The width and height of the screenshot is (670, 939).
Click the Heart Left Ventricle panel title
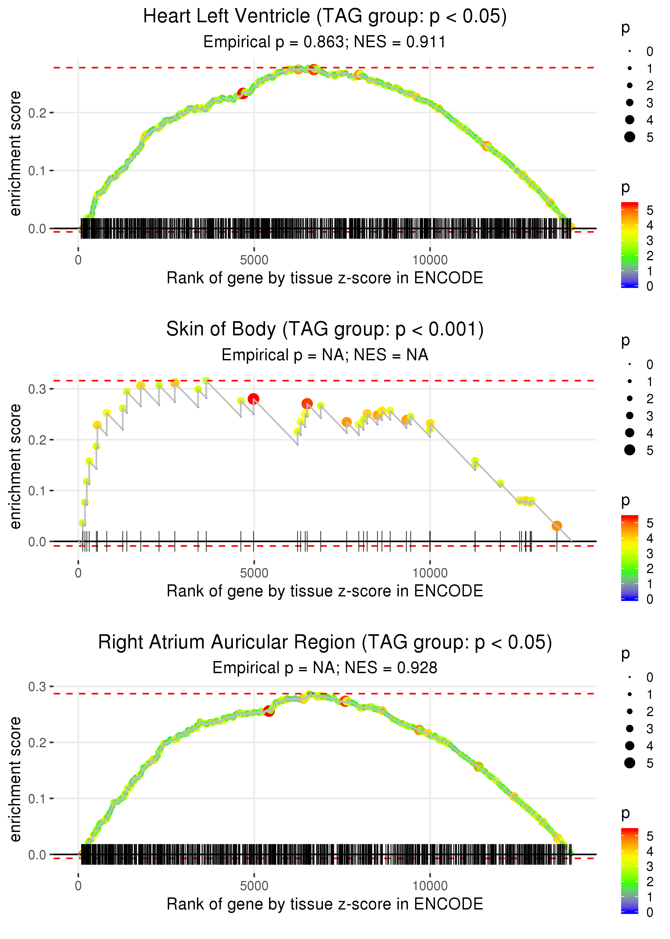[325, 17]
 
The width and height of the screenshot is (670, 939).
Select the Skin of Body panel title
[325, 329]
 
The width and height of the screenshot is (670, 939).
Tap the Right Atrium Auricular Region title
[325, 643]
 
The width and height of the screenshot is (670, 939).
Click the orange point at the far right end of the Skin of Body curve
[557, 526]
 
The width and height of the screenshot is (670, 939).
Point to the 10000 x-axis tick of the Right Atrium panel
[430, 885]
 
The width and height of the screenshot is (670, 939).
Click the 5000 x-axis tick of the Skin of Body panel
[254, 573]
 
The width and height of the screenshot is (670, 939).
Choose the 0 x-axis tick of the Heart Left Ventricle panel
[78, 260]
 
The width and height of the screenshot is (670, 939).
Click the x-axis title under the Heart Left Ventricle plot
[325, 278]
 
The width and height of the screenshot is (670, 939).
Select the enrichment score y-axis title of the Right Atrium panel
[15, 779]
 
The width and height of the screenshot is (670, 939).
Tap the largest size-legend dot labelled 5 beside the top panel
[630, 137]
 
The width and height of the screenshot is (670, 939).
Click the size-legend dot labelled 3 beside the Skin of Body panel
[630, 415]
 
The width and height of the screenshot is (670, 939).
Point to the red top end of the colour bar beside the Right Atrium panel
[629, 831]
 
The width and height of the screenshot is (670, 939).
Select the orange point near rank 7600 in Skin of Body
[347, 422]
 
